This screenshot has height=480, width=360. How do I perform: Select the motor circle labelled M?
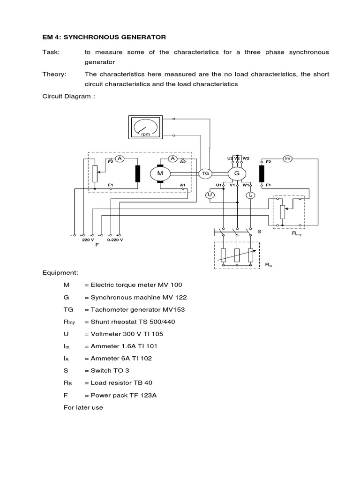point(160,173)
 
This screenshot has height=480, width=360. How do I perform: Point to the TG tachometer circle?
point(205,173)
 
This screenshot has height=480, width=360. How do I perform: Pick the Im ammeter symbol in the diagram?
point(288,159)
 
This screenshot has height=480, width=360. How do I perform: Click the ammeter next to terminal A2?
point(173,159)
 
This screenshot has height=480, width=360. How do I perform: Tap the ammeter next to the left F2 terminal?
point(120,159)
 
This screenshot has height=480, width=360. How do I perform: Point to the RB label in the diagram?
point(268,265)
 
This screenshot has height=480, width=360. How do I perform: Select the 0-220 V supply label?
point(115,240)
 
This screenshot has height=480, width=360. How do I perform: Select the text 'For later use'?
point(83,407)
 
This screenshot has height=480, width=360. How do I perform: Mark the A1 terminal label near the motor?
point(183,185)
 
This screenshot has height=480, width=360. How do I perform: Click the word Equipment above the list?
point(60,272)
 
